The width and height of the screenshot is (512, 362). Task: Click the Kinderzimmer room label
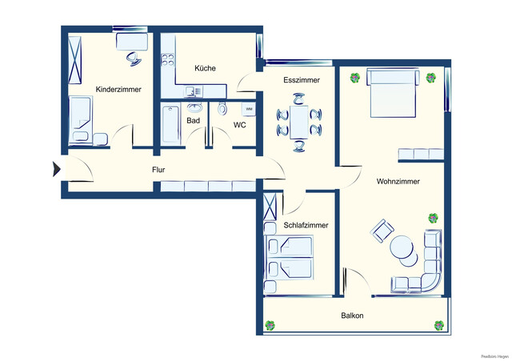click(x=118, y=89)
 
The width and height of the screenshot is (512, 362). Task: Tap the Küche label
click(x=204, y=68)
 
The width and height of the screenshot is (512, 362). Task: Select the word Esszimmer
click(x=302, y=81)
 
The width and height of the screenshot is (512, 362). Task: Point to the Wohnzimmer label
click(x=398, y=182)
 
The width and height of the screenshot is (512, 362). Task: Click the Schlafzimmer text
click(x=307, y=226)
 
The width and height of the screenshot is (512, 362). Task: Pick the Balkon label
click(x=352, y=316)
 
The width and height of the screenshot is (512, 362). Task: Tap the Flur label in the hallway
click(x=158, y=170)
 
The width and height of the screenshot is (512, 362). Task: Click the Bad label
click(x=193, y=121)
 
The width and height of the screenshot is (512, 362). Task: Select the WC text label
click(x=239, y=125)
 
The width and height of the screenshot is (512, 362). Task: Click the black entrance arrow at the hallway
click(x=56, y=169)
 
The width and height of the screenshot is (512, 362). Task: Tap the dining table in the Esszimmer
click(x=299, y=121)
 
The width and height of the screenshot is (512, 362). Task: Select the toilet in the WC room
click(x=222, y=109)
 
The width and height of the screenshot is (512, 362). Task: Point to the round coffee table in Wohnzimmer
click(x=404, y=251)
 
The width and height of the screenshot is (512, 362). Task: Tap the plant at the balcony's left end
click(x=270, y=325)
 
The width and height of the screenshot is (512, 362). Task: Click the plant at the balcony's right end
click(x=438, y=325)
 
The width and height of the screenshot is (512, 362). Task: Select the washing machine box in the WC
click(x=249, y=108)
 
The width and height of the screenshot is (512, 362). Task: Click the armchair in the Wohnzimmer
click(x=381, y=233)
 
